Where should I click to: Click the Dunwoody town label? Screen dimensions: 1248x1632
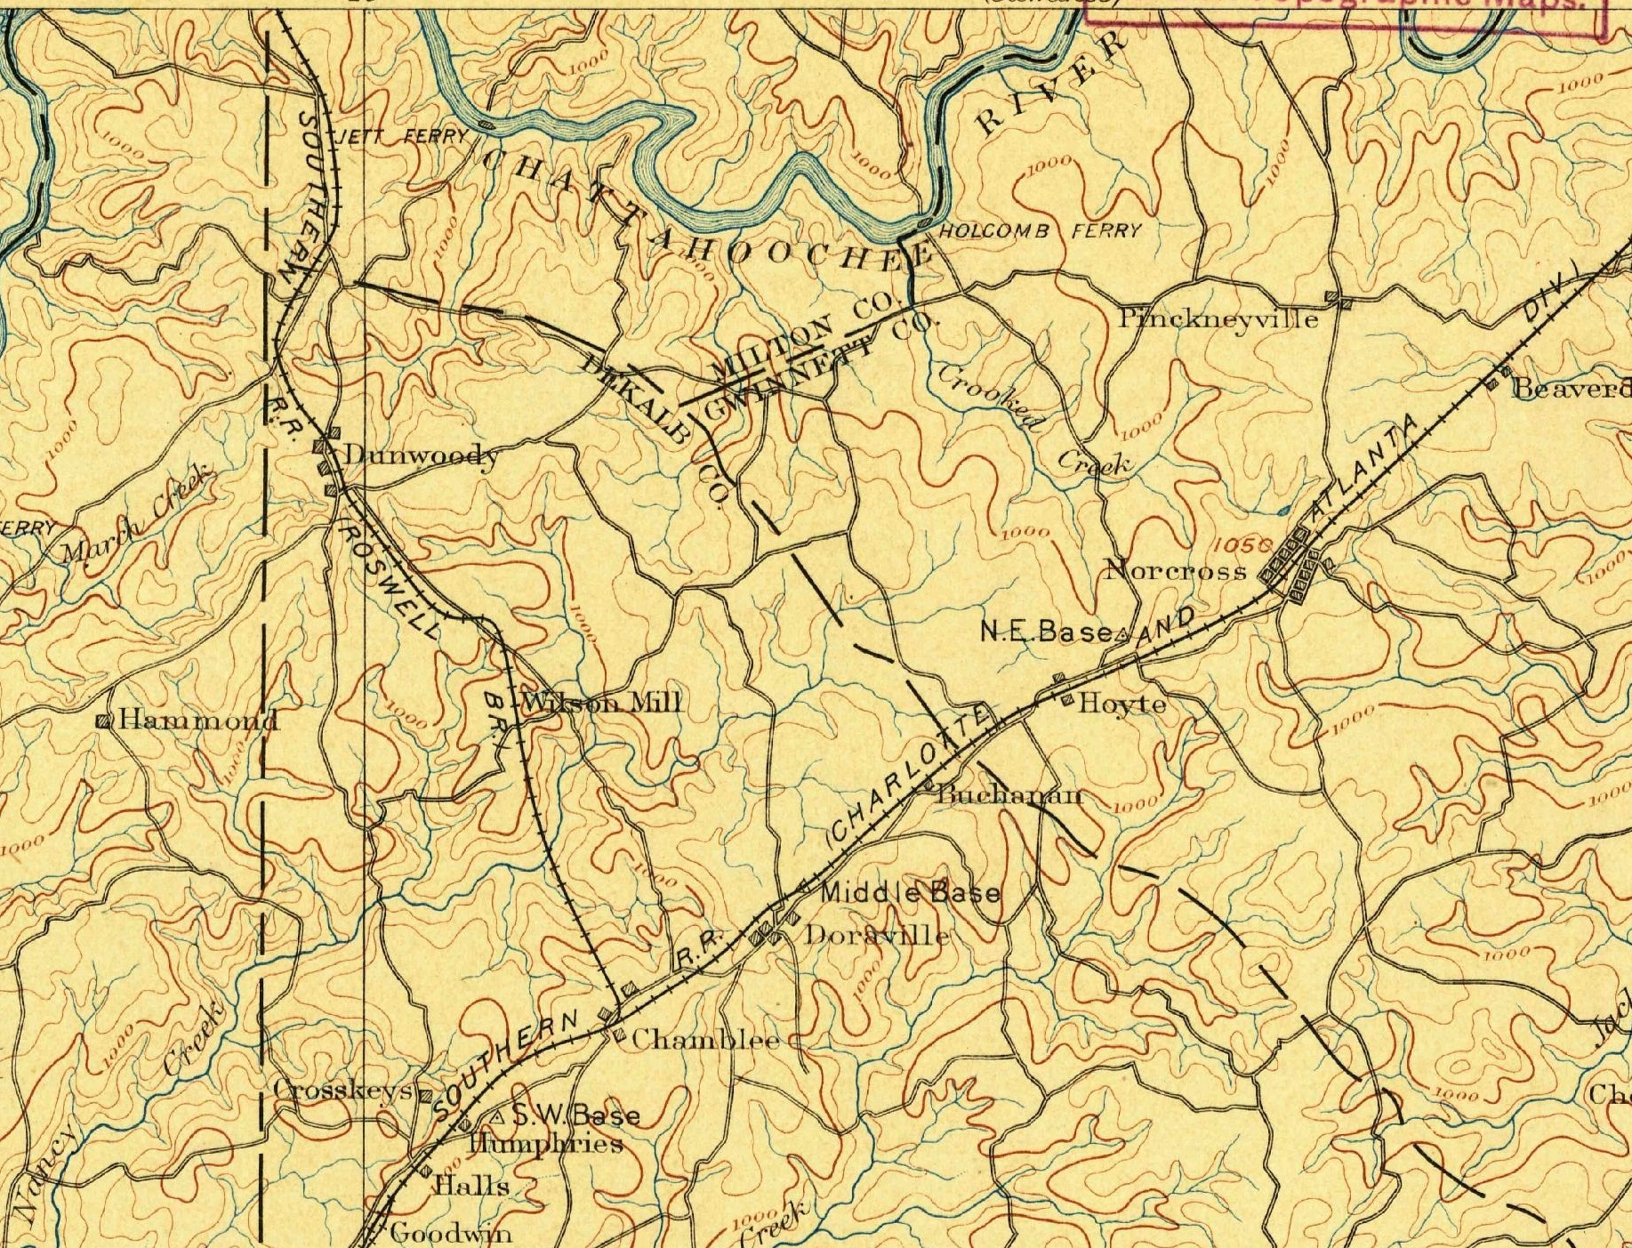click(x=420, y=455)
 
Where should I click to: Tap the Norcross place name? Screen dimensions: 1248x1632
click(x=1175, y=571)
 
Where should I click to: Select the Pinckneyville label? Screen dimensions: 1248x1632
click(x=1218, y=318)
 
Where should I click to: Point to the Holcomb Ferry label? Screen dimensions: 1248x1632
click(x=1039, y=231)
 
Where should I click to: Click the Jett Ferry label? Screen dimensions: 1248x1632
click(x=405, y=137)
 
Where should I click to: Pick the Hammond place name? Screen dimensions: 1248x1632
click(x=198, y=720)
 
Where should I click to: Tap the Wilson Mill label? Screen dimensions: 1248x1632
click(x=602, y=703)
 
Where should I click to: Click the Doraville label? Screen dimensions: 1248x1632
click(x=877, y=936)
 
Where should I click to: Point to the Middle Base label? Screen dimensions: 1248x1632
click(x=909, y=892)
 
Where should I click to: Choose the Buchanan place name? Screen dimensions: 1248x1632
click(x=1010, y=794)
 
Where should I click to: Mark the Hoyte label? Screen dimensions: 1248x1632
click(x=1121, y=705)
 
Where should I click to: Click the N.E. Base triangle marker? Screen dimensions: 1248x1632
click(x=1121, y=634)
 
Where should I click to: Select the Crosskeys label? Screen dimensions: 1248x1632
click(x=343, y=1090)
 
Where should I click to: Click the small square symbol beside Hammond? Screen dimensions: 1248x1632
click(x=103, y=721)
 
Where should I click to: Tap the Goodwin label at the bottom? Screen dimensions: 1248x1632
click(x=450, y=1233)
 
